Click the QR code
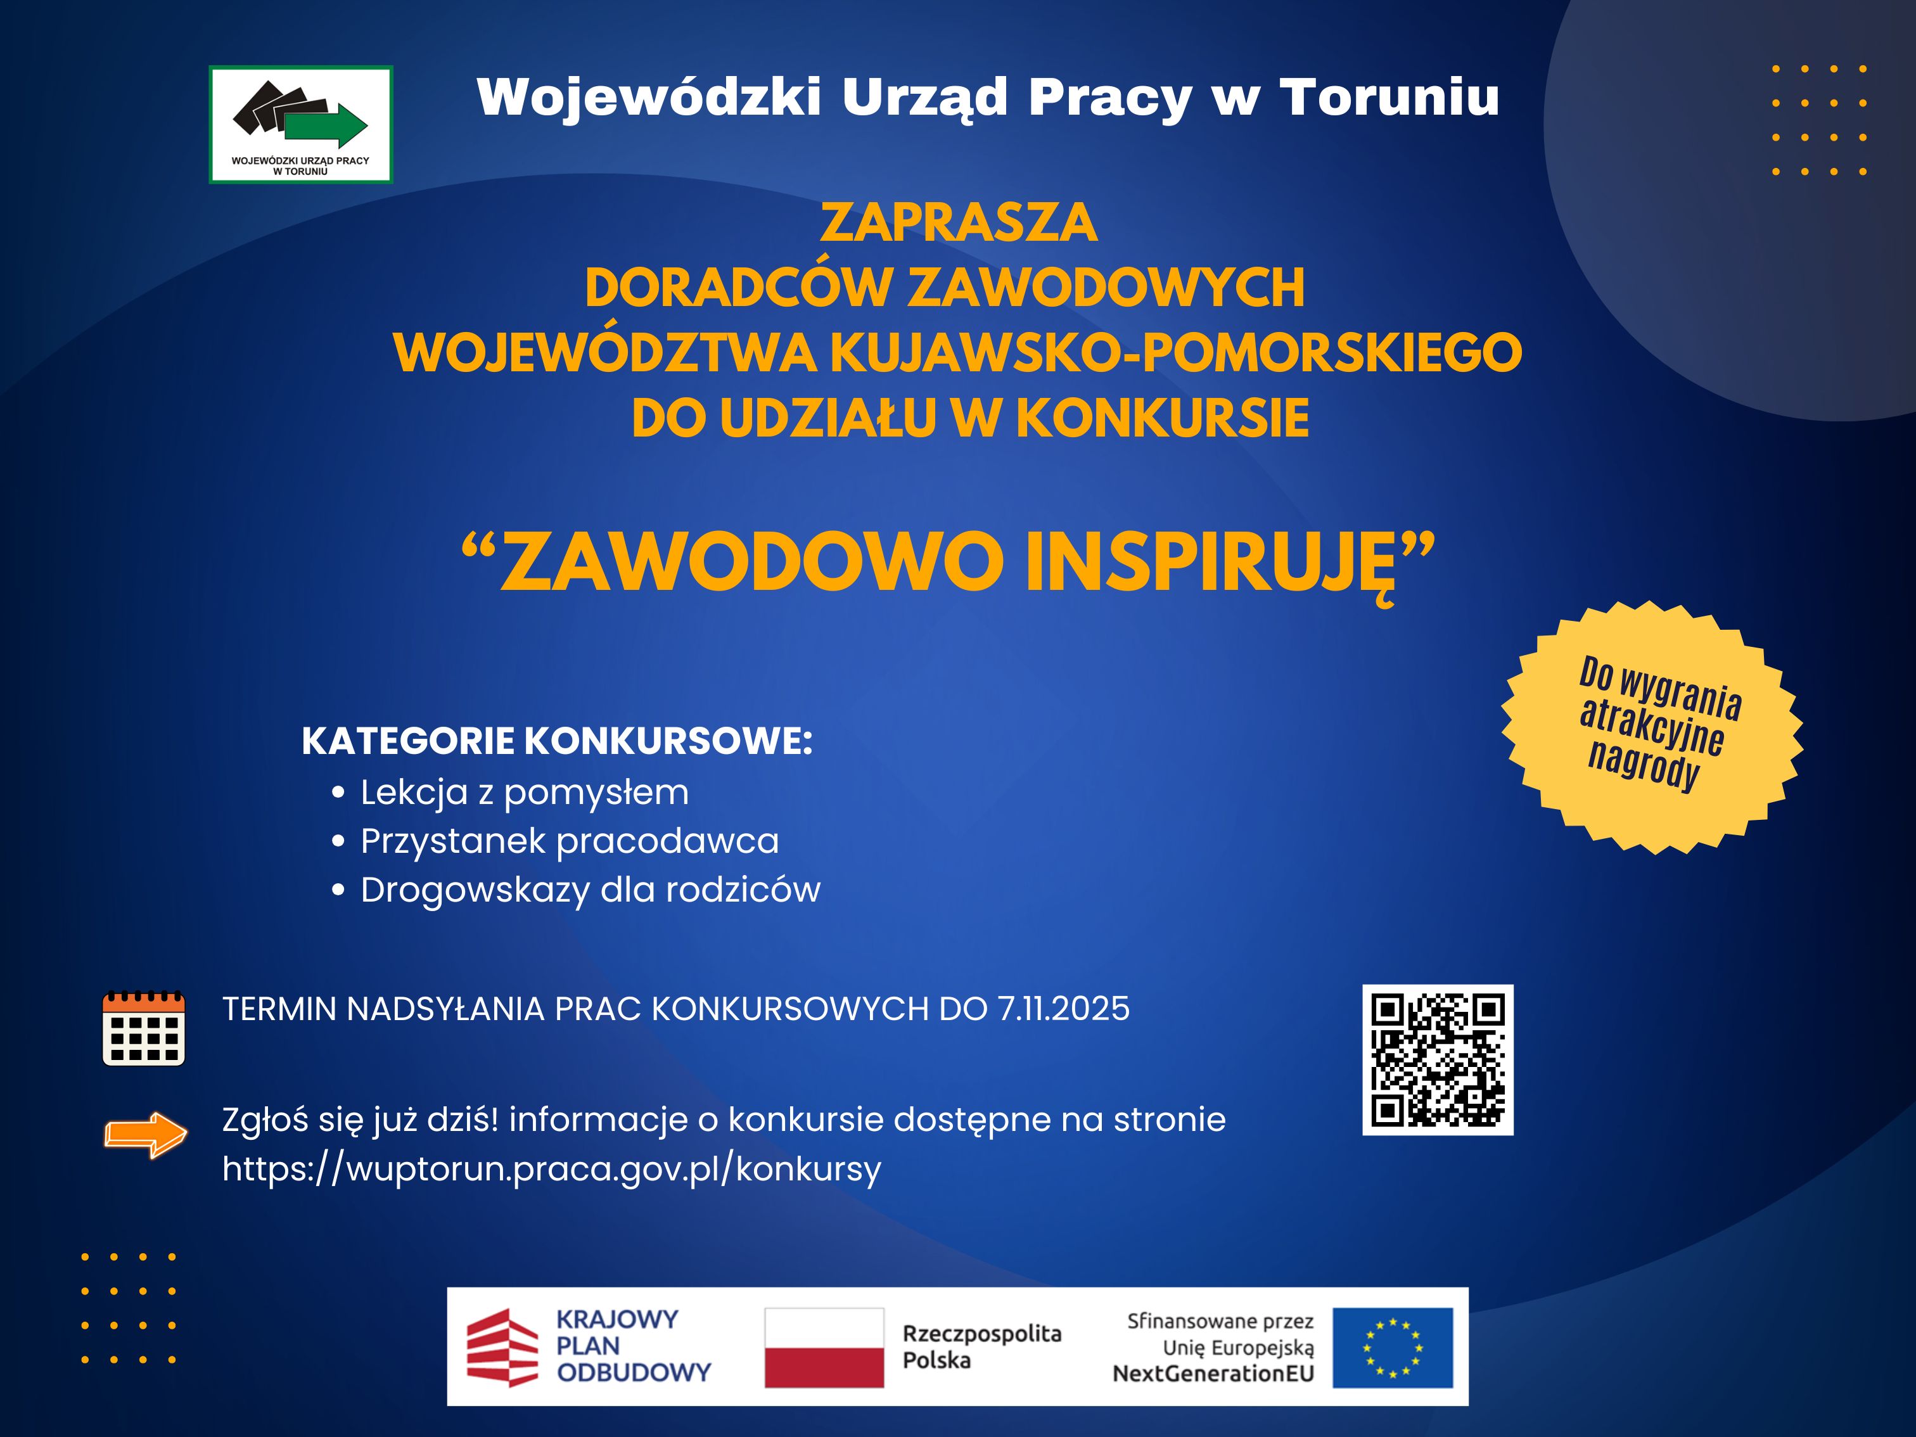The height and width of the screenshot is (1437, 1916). click(x=1438, y=1059)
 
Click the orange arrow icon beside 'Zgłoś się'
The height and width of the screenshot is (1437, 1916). click(x=146, y=1134)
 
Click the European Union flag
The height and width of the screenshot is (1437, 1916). click(x=1393, y=1348)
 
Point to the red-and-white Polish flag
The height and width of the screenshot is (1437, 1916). click(x=824, y=1348)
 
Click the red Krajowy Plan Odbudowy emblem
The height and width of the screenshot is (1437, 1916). click(x=502, y=1348)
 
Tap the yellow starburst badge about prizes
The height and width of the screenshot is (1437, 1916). click(x=1652, y=727)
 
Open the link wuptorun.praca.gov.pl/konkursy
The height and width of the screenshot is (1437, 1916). click(x=552, y=1168)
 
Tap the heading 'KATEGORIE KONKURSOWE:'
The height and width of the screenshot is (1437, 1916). click(x=557, y=741)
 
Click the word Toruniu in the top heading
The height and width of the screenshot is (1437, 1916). click(x=1389, y=96)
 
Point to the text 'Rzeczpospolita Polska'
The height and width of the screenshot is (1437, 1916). click(x=982, y=1347)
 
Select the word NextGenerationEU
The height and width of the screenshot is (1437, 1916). click(x=1213, y=1374)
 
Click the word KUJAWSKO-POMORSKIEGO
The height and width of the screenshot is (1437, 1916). click(x=1175, y=352)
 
